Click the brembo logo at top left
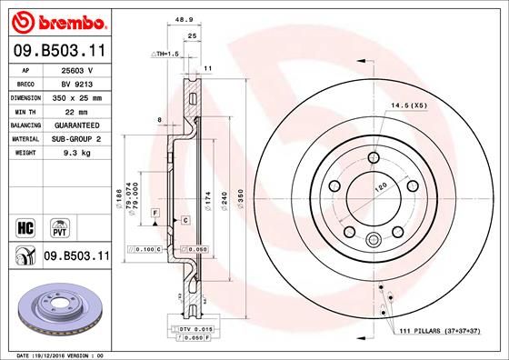tap(56, 20)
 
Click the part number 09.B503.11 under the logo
tap(56, 52)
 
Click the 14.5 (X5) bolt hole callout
tap(408, 106)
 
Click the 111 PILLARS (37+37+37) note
tap(440, 333)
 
